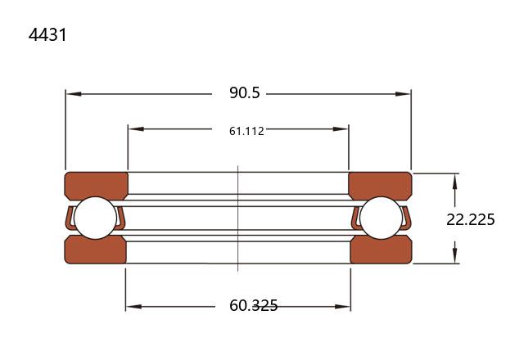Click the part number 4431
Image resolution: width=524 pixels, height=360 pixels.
(x=47, y=34)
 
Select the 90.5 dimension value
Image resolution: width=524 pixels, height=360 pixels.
(x=244, y=92)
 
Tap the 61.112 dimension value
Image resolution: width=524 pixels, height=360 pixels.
(x=246, y=131)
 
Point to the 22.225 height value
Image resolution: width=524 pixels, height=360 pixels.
(x=471, y=219)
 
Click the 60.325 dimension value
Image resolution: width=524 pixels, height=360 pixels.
(x=253, y=305)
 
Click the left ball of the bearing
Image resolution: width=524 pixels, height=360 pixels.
(x=95, y=218)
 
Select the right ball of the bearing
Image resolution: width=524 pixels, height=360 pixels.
(x=382, y=218)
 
